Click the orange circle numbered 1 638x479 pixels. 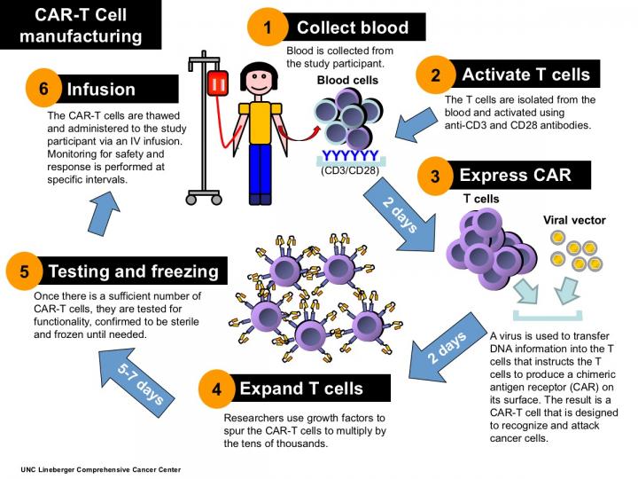click(268, 27)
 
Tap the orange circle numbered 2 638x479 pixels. click(435, 75)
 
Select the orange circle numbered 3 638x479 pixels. click(435, 176)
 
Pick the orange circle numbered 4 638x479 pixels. click(217, 389)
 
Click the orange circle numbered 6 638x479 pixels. click(43, 90)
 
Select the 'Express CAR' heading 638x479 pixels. click(513, 176)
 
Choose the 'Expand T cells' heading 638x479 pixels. click(300, 389)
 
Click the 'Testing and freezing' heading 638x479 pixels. click(132, 271)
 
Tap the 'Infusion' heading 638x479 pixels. click(101, 90)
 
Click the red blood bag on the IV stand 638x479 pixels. click(217, 84)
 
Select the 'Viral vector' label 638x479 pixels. click(573, 219)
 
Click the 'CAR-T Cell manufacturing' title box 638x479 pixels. click(81, 25)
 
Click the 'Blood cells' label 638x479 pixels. click(347, 80)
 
